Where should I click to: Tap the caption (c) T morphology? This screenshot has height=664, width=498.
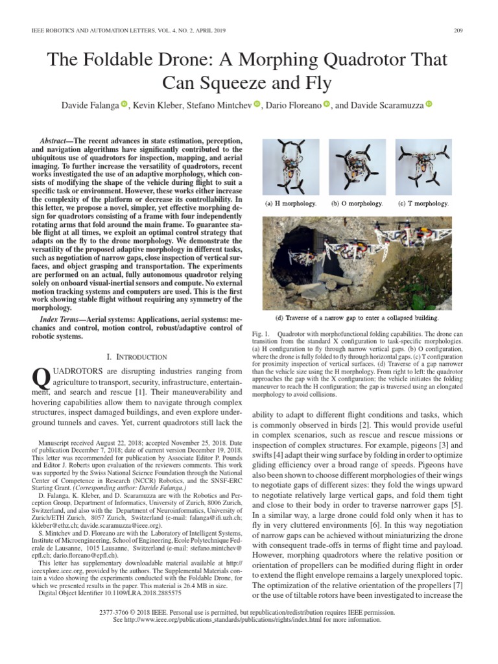pyautogui.click(x=423, y=204)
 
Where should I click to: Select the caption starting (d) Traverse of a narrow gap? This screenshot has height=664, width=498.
pyautogui.click(x=357, y=318)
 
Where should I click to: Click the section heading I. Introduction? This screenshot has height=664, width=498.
pyautogui.click(x=137, y=357)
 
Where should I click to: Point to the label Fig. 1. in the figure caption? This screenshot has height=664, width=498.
pyautogui.click(x=261, y=333)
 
